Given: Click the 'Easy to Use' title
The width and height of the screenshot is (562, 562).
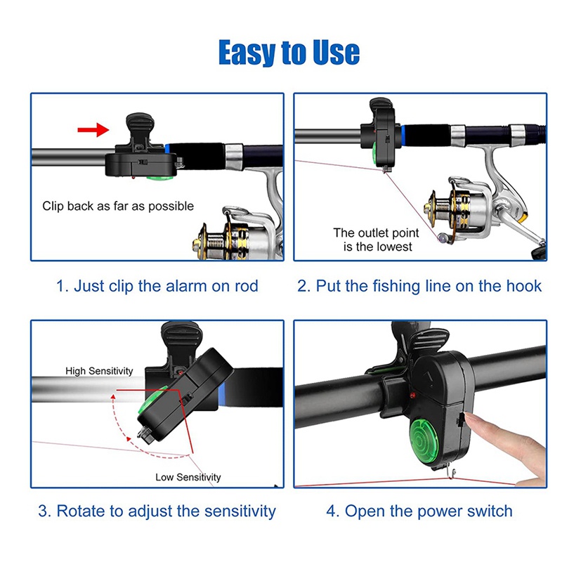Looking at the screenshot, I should pyautogui.click(x=288, y=52).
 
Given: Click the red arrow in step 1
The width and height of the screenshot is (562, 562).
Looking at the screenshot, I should pyautogui.click(x=93, y=129).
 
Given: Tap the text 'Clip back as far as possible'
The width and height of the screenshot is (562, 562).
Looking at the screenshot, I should pyautogui.click(x=118, y=206).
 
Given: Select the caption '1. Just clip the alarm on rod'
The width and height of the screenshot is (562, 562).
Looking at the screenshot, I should pyautogui.click(x=157, y=286).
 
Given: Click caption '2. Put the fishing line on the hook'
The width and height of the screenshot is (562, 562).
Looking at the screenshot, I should pyautogui.click(x=419, y=286).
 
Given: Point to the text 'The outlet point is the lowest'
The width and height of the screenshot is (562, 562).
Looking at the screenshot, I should pyautogui.click(x=377, y=240).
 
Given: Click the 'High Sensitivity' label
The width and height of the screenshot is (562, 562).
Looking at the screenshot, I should pyautogui.click(x=99, y=370).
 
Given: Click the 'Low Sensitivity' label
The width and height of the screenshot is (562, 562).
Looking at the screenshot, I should pyautogui.click(x=188, y=477).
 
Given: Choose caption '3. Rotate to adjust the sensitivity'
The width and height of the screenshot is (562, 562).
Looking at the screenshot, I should pyautogui.click(x=157, y=511).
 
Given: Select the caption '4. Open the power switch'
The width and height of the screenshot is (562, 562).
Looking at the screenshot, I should pyautogui.click(x=419, y=511).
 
